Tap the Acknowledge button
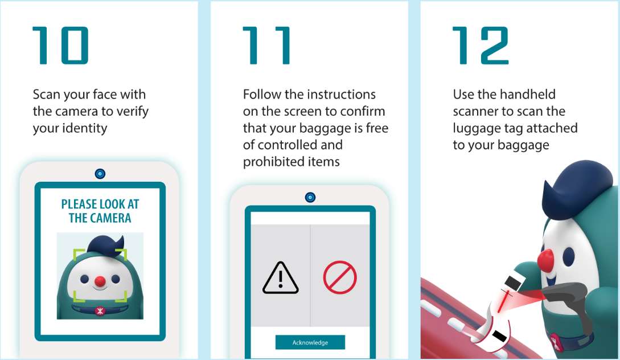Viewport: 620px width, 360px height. (310, 342)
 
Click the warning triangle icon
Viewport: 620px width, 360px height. (280, 279)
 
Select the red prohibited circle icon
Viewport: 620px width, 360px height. (340, 278)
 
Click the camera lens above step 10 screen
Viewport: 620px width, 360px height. (100, 173)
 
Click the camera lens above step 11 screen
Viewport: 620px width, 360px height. (310, 197)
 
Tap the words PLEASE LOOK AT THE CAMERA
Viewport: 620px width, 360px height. (100, 211)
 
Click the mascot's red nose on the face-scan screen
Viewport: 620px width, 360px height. (100, 280)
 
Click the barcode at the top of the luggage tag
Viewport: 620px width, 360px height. (515, 281)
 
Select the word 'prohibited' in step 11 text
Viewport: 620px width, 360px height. (270, 162)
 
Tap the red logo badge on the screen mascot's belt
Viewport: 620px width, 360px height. (100, 310)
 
